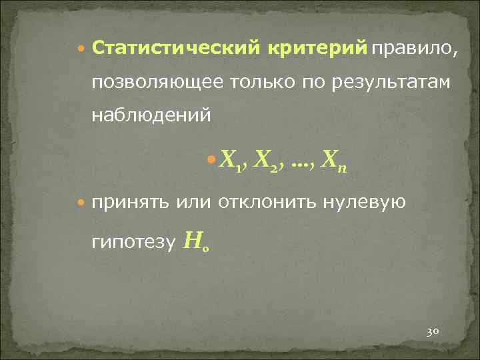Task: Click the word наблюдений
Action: (x=152, y=114)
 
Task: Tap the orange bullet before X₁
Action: (x=212, y=159)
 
